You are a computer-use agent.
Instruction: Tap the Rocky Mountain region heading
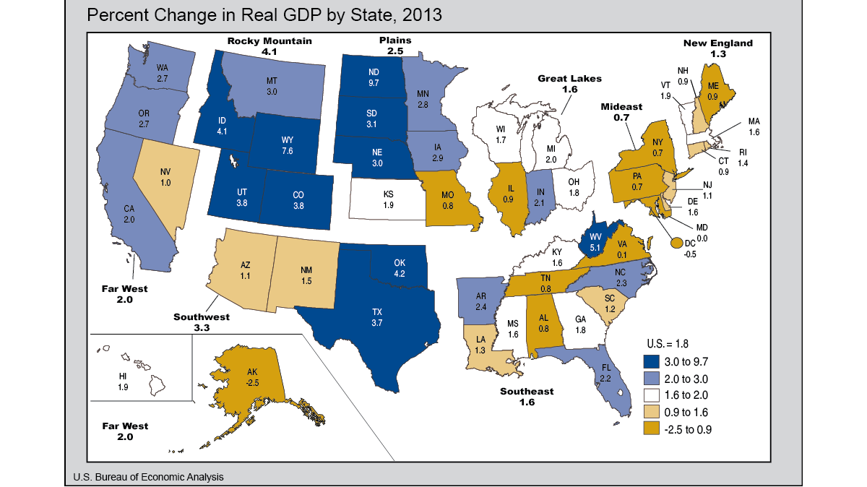pos(269,41)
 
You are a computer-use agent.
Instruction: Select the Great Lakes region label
pos(569,79)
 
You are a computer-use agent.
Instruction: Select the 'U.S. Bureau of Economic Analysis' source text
pos(148,477)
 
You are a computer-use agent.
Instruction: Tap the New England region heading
pos(717,43)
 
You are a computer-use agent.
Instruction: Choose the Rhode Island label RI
pos(742,152)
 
